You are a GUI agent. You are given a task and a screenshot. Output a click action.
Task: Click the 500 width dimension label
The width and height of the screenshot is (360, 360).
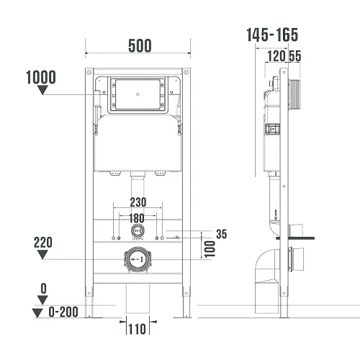[x=140, y=45]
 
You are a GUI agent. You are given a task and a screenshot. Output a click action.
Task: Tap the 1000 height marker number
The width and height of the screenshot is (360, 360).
[x=41, y=77]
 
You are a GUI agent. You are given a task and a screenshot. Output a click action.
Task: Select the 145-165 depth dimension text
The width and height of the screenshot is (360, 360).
[x=272, y=35]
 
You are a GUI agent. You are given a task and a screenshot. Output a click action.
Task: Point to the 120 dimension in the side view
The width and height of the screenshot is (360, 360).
[x=276, y=56]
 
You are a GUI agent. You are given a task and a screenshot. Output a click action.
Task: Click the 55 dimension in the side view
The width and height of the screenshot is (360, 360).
[x=295, y=56]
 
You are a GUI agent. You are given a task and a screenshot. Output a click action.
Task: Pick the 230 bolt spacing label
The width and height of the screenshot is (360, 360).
[x=138, y=202]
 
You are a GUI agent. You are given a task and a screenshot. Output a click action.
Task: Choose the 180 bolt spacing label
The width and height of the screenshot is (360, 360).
[x=137, y=218]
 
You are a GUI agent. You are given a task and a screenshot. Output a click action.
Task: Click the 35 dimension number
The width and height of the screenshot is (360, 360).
[x=222, y=234]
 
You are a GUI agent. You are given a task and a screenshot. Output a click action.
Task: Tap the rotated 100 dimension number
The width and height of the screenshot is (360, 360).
[x=210, y=249]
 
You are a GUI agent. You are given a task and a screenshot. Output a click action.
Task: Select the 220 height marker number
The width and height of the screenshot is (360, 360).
[x=43, y=243]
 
